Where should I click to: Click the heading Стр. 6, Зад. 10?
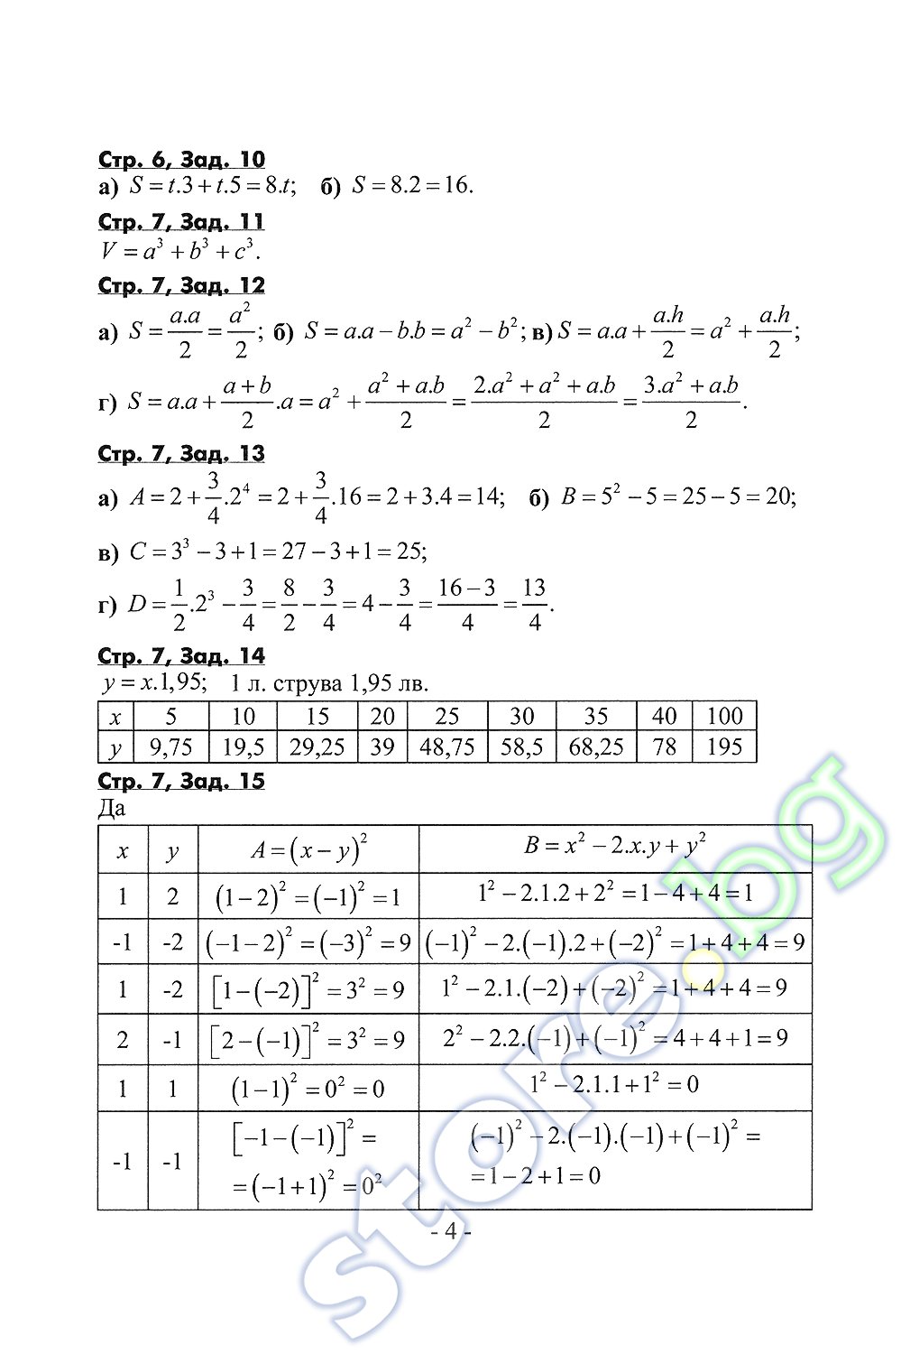[181, 160]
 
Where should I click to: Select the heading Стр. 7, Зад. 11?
[181, 222]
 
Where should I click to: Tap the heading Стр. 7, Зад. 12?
[181, 286]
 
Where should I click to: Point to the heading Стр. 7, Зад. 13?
[181, 454]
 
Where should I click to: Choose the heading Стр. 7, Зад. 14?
[181, 656]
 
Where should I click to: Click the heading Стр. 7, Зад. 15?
[181, 781]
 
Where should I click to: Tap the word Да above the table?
[112, 808]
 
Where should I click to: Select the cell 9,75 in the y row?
[171, 747]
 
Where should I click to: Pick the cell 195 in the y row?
[724, 747]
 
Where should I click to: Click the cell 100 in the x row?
[724, 717]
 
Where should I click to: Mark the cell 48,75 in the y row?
[447, 747]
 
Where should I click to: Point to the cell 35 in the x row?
[596, 717]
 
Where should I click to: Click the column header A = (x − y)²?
[308, 849]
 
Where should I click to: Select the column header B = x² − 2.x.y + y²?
[615, 847]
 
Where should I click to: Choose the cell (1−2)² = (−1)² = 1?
[308, 896]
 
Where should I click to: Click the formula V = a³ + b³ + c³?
[180, 250]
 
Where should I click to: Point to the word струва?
[306, 683]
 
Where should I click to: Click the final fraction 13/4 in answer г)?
[535, 605]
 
